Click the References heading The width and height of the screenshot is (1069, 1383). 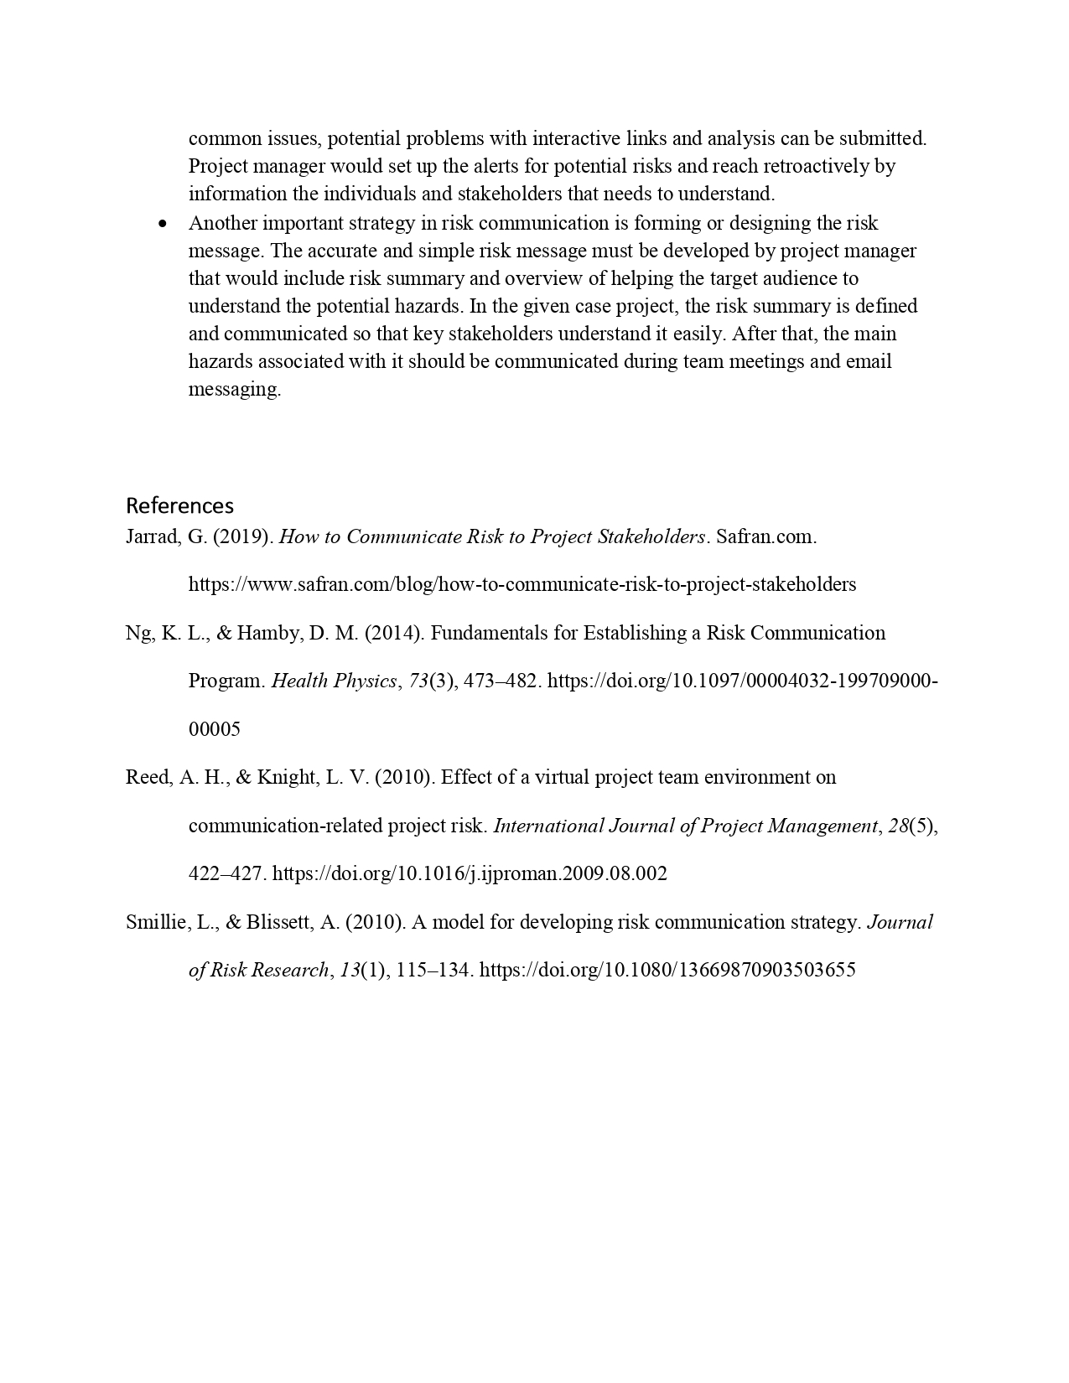click(179, 505)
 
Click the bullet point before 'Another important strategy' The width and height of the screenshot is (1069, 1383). click(163, 224)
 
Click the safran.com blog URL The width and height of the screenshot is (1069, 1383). click(522, 585)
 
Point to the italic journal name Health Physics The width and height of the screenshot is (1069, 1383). click(334, 681)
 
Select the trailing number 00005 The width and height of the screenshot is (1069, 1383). click(214, 730)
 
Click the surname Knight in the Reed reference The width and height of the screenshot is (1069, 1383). click(286, 778)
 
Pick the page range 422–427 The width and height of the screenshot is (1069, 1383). click(226, 874)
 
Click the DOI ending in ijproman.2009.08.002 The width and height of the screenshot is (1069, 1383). click(470, 874)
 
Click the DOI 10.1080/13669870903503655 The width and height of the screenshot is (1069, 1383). click(667, 971)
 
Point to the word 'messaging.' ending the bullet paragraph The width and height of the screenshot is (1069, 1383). click(234, 390)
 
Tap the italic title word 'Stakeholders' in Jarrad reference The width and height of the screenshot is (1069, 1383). click(651, 537)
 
